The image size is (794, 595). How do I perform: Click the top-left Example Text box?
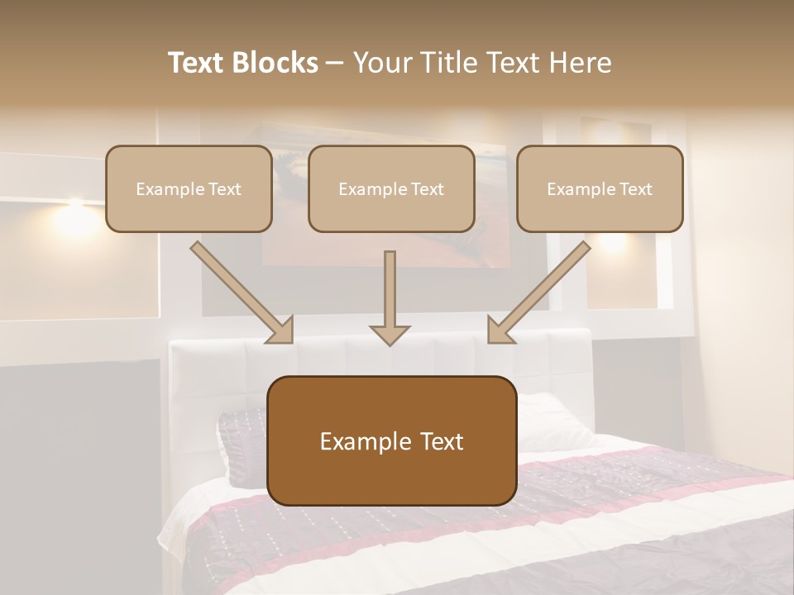[x=189, y=188]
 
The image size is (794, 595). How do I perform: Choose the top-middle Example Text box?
[x=391, y=188]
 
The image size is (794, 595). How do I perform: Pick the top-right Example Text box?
[x=600, y=188]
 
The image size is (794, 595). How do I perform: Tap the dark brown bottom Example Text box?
[x=391, y=440]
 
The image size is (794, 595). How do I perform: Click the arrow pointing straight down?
[x=390, y=297]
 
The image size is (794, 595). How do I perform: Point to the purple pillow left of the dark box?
[x=242, y=446]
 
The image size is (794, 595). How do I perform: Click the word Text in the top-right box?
[x=634, y=189]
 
